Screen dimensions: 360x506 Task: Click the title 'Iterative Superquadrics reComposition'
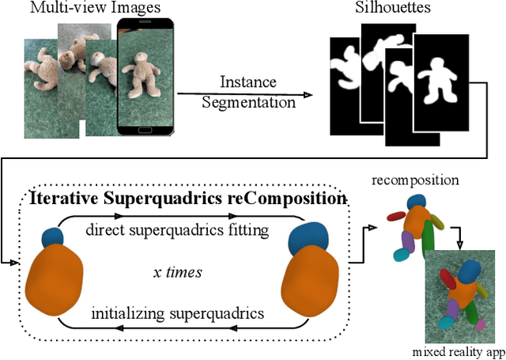tap(187, 198)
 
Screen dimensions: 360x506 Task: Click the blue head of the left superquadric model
tap(52, 237)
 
